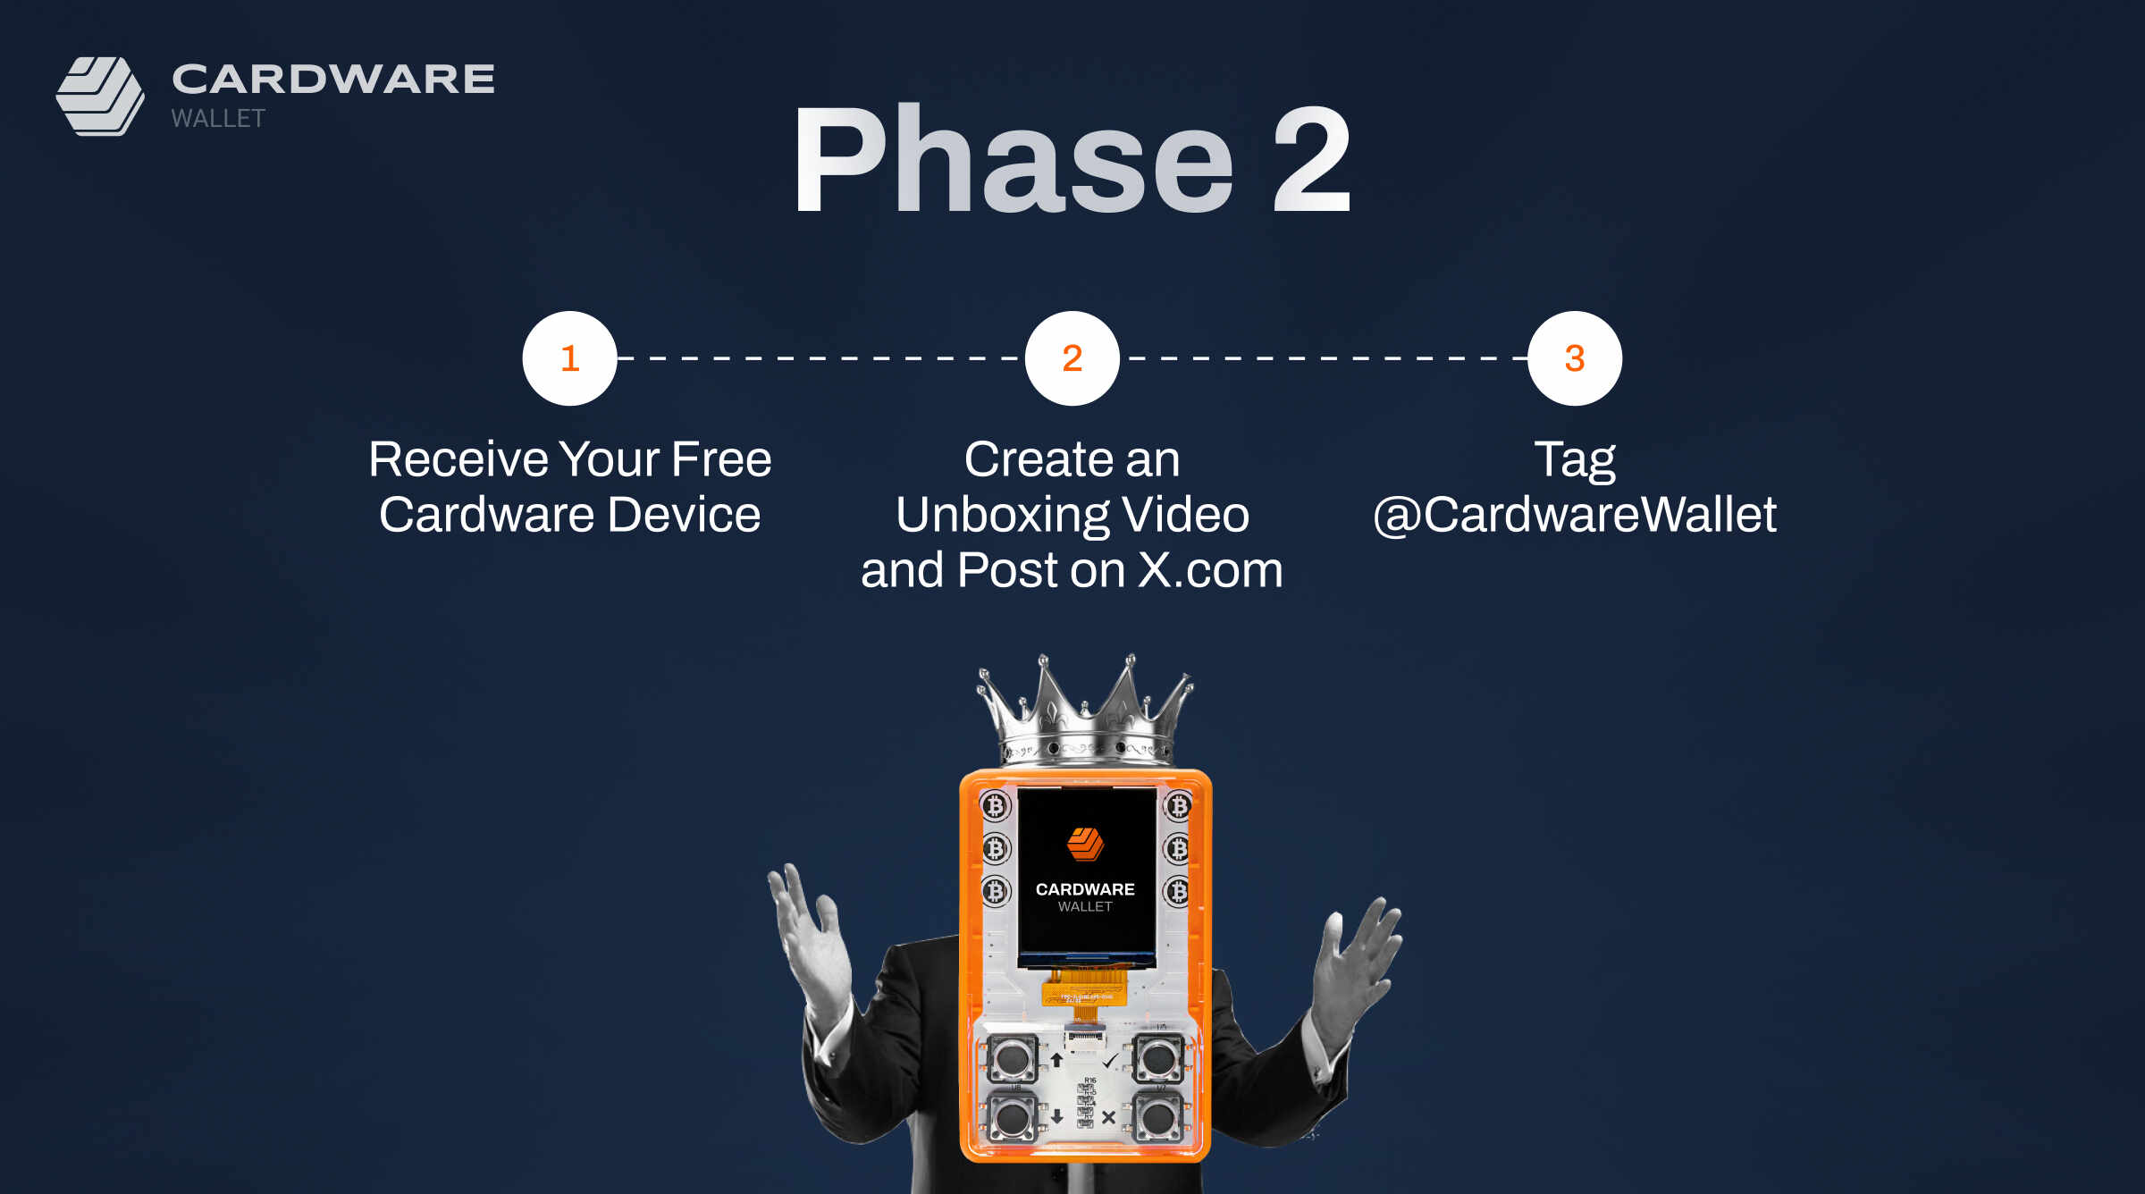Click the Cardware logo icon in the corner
point(100,97)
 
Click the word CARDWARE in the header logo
point(333,80)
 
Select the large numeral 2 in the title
point(1311,160)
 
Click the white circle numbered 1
point(570,358)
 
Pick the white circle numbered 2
point(1072,358)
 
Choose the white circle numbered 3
point(1575,358)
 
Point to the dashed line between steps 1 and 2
point(821,358)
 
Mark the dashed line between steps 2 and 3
point(1324,358)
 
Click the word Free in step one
point(721,459)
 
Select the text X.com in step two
point(1210,570)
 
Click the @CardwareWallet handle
point(1575,516)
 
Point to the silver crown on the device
point(1085,711)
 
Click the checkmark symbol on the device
point(1110,1061)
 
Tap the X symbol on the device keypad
point(1108,1117)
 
